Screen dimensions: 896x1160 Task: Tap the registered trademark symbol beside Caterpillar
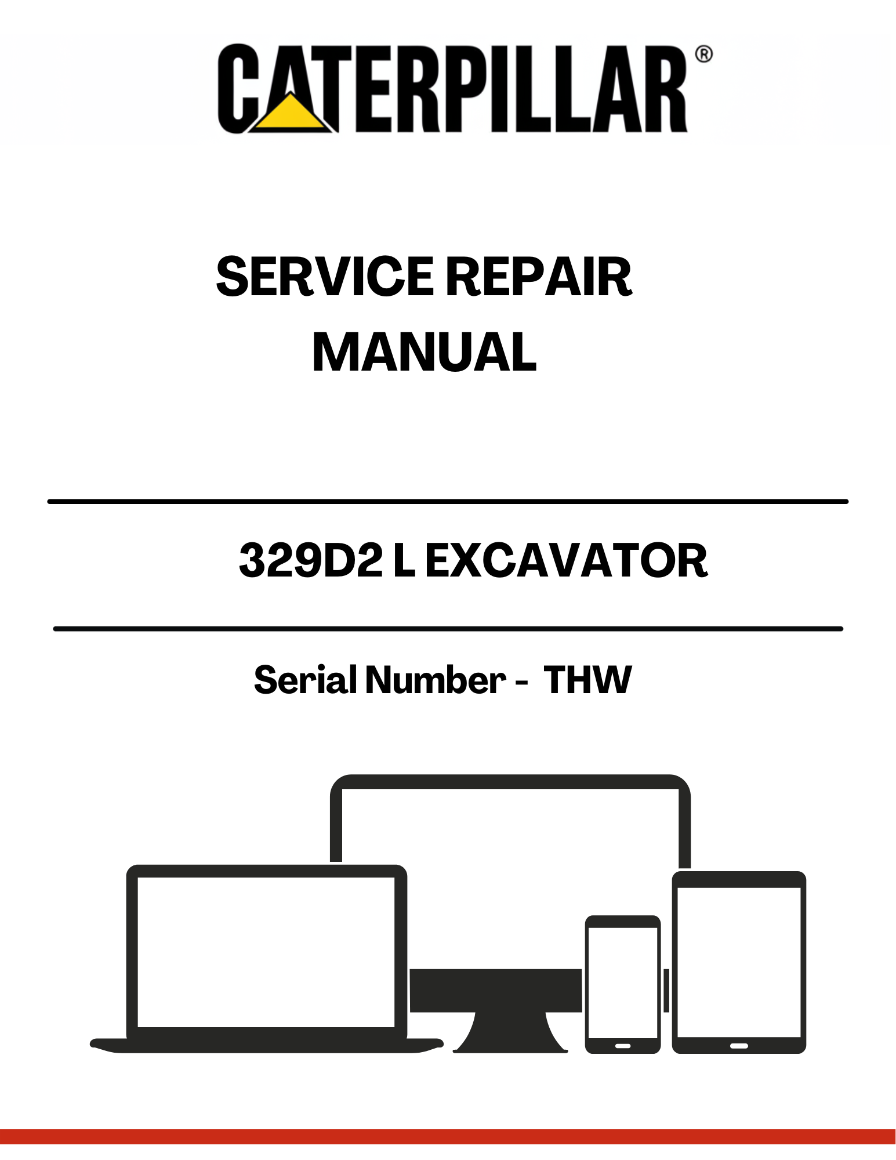(703, 55)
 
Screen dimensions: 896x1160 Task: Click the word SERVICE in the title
(325, 277)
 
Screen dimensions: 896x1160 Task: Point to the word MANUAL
(425, 352)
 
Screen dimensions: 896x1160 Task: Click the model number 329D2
(311, 560)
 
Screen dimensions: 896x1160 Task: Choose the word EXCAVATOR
(566, 560)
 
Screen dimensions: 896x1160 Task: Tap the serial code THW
(587, 679)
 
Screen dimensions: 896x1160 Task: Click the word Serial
(305, 679)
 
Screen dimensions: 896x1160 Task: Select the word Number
(436, 679)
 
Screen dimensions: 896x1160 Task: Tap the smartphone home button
(622, 1046)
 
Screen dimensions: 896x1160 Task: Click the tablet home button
(739, 1046)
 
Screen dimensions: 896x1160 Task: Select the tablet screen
(739, 962)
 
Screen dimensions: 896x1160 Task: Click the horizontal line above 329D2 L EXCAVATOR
(448, 501)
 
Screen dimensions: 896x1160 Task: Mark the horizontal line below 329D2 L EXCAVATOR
(448, 629)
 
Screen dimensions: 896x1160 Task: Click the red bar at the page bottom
(448, 1137)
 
